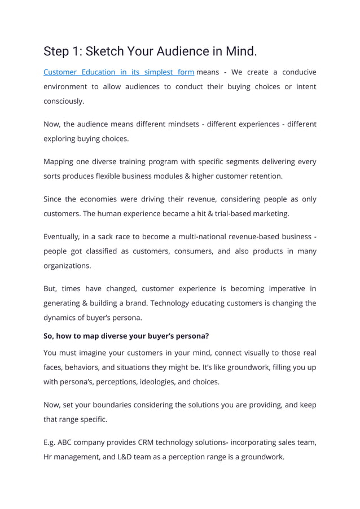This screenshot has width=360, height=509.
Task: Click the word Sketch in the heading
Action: (100, 52)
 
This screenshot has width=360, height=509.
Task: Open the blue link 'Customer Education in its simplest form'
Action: (118, 72)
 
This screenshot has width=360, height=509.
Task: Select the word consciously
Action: (64, 101)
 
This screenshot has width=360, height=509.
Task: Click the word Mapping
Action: (59, 161)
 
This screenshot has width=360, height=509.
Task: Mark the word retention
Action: (264, 176)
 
